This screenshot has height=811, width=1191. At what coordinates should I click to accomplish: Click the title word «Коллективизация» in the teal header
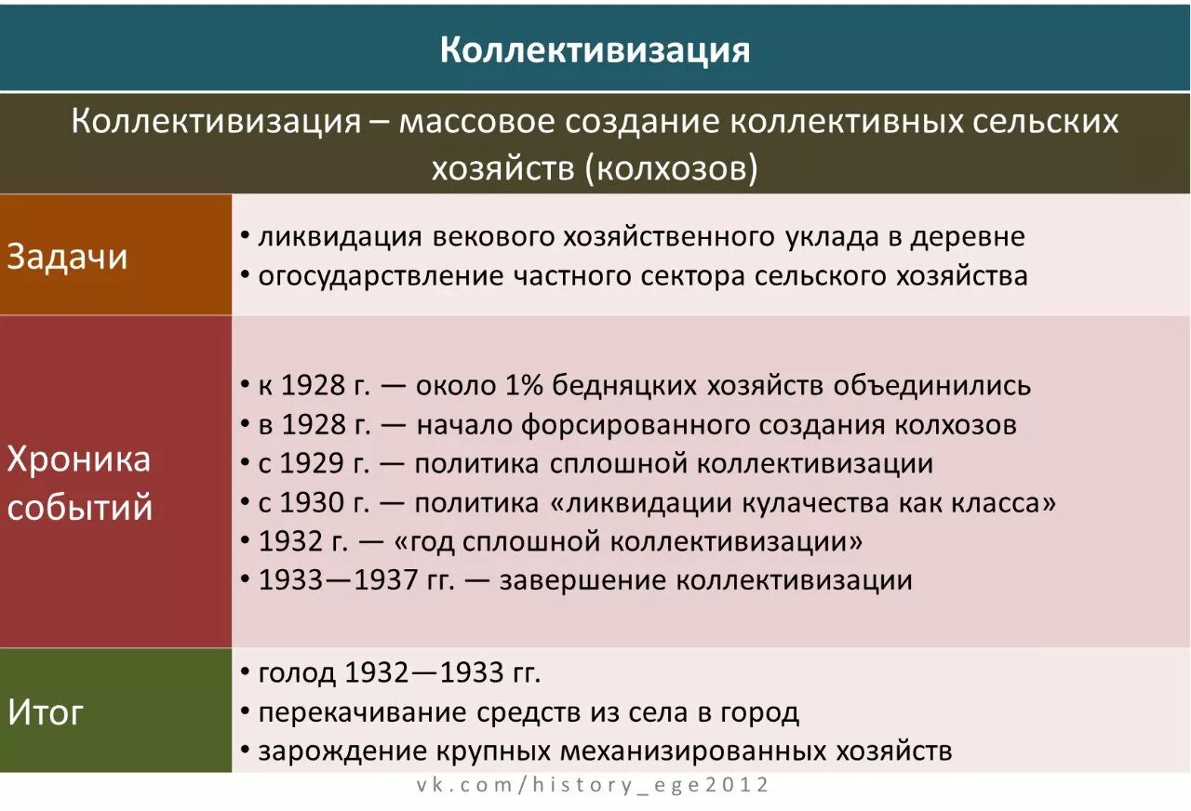click(x=595, y=50)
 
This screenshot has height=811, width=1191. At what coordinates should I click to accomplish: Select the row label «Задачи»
click(x=67, y=257)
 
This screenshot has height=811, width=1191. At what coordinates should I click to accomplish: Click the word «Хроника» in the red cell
click(x=78, y=459)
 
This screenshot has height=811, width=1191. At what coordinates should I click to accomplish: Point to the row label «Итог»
click(x=46, y=712)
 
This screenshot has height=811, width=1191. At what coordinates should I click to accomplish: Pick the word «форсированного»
click(x=635, y=425)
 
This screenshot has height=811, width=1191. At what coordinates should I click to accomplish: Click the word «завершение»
click(x=582, y=580)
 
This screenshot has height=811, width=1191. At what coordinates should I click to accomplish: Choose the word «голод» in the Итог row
click(x=297, y=671)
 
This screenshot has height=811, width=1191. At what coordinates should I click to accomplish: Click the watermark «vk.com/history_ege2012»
click(x=593, y=785)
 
